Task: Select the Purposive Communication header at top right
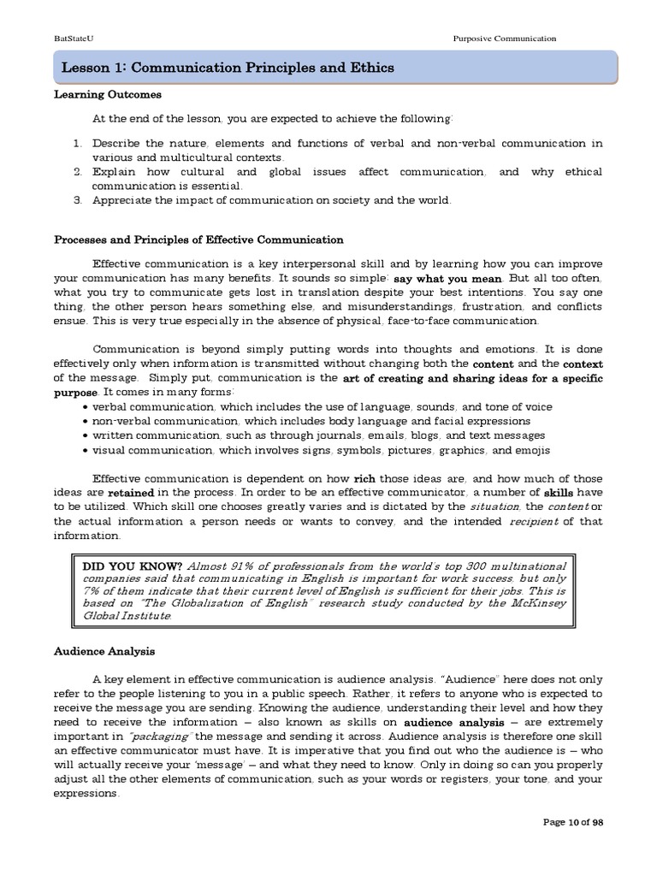(x=504, y=38)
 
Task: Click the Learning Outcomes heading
(x=107, y=95)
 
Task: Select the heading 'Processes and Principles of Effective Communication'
(x=198, y=240)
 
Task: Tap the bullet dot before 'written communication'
(x=87, y=436)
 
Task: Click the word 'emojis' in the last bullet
(x=532, y=451)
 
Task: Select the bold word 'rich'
(x=364, y=479)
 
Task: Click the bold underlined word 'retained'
(x=131, y=494)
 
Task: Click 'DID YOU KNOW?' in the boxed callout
(x=132, y=566)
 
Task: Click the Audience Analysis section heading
(x=104, y=651)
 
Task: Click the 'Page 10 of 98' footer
(x=573, y=822)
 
